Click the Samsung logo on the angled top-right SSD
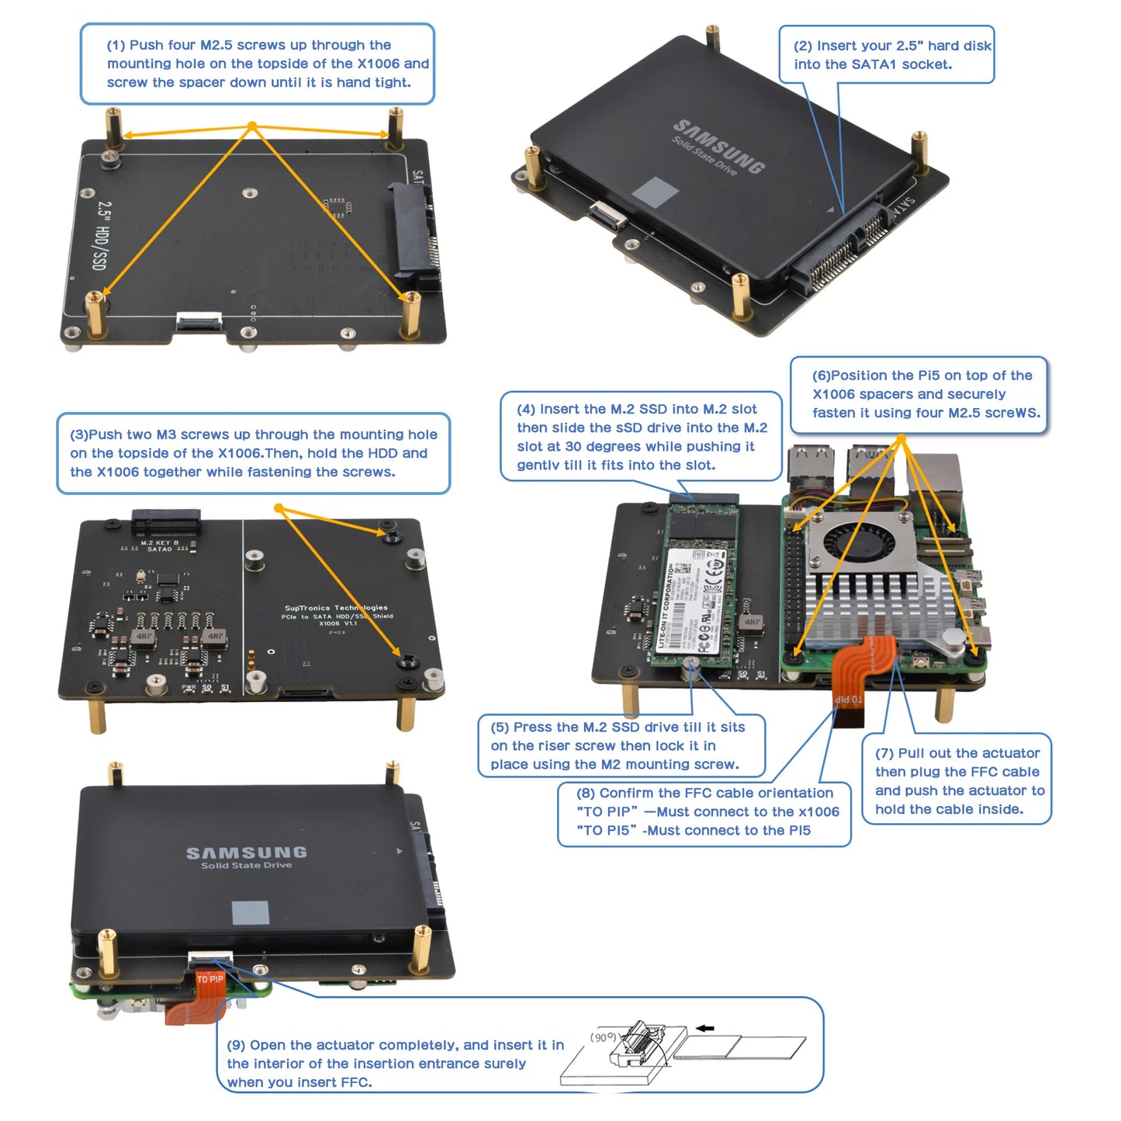tap(719, 145)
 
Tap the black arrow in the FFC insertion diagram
tap(704, 1029)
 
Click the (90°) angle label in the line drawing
tap(604, 1037)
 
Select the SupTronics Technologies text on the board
tap(336, 608)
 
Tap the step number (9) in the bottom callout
tap(236, 1045)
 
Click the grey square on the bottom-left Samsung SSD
tap(251, 912)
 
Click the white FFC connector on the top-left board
tap(199, 320)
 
